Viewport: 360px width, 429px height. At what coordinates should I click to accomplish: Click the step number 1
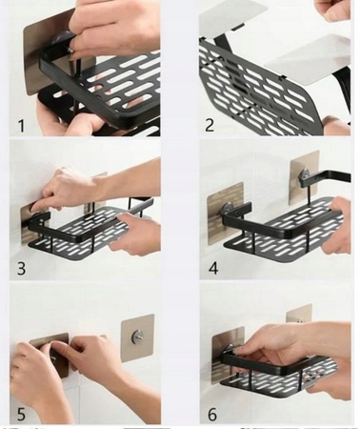(21, 126)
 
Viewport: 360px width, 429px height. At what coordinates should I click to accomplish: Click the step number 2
(210, 125)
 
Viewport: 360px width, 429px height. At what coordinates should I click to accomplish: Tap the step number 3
(21, 268)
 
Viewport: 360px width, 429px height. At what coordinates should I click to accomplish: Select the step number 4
(213, 268)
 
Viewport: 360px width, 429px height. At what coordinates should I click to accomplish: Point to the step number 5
(21, 415)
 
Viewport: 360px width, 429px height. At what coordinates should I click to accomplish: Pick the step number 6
(212, 415)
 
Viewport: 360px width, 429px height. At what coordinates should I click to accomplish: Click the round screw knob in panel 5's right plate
(138, 335)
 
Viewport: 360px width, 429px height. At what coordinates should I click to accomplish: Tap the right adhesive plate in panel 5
(138, 338)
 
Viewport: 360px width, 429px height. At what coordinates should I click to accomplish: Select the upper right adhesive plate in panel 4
(304, 177)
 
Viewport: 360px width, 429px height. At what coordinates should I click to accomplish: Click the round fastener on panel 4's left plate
(228, 209)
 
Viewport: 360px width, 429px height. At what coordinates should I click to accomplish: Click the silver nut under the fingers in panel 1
(71, 50)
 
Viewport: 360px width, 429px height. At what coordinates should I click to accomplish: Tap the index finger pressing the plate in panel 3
(40, 207)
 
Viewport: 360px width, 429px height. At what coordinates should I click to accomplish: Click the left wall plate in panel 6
(226, 353)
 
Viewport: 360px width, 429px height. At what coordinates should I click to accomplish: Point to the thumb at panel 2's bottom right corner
(336, 126)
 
